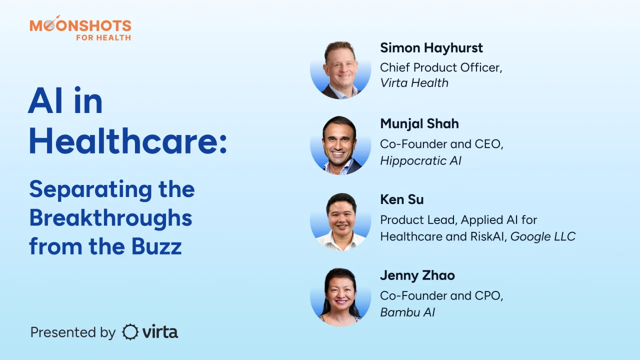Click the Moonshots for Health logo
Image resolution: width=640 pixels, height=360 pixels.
(80, 28)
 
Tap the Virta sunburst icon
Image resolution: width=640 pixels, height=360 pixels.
(130, 332)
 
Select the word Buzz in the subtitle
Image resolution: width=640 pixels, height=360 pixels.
(156, 246)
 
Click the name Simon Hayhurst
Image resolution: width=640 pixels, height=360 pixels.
(431, 47)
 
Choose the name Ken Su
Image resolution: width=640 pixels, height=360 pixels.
(401, 199)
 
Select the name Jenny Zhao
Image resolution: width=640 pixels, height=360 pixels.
(417, 275)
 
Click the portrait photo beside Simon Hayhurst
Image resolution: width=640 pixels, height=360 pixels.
(340, 70)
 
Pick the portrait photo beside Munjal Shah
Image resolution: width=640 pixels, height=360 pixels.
(340, 145)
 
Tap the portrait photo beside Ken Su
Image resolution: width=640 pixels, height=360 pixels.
(340, 222)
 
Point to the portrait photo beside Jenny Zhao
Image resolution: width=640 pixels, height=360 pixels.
(340, 297)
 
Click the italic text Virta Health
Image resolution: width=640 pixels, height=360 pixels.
(414, 83)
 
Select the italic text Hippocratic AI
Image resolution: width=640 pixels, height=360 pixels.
(420, 161)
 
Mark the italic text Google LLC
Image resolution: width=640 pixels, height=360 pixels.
(543, 236)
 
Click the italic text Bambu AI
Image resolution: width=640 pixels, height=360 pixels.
(407, 312)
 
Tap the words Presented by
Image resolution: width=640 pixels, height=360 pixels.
(73, 333)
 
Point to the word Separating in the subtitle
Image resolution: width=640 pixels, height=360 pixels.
(90, 190)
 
